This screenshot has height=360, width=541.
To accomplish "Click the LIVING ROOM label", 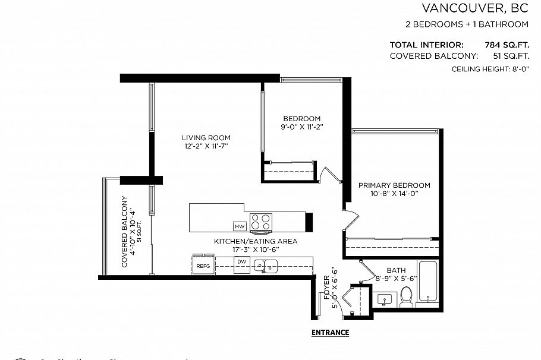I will (x=206, y=138).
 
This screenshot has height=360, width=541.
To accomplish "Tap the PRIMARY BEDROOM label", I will (x=394, y=185).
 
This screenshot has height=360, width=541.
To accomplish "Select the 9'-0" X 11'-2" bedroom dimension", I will (x=301, y=127).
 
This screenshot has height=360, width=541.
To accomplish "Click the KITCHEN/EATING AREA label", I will (x=256, y=242).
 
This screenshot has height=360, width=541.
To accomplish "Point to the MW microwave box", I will (x=240, y=227).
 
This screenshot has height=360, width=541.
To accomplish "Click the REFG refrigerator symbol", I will (x=203, y=267).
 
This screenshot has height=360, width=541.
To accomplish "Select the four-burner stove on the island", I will (x=260, y=222).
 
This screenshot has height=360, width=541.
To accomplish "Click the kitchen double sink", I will (x=266, y=266).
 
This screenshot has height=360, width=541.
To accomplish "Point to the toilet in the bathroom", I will (x=407, y=296).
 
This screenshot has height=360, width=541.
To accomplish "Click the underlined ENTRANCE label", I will (x=330, y=333).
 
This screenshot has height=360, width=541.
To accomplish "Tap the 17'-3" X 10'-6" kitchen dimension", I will (x=256, y=250).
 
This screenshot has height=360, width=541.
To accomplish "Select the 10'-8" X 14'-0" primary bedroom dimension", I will (x=394, y=193).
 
